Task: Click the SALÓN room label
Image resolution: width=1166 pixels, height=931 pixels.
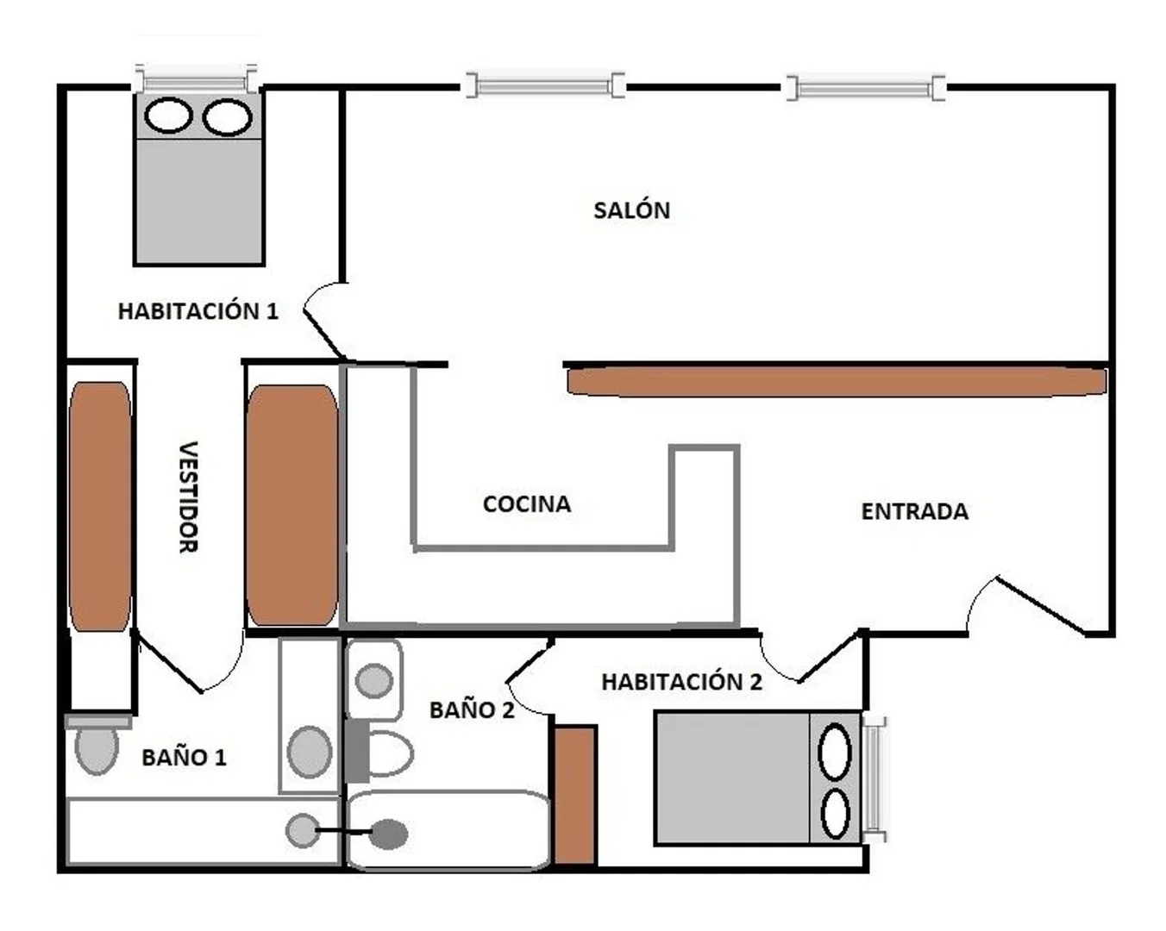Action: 631,210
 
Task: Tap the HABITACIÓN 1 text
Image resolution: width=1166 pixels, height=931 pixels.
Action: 197,311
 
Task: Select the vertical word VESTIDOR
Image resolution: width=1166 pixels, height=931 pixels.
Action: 188,497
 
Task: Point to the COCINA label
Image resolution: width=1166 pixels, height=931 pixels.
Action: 526,504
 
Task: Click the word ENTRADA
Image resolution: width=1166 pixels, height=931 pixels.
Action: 914,512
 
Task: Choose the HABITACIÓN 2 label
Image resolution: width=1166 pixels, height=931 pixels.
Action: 681,682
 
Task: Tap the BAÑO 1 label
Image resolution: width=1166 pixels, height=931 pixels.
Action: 184,758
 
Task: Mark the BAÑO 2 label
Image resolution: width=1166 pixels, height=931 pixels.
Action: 472,710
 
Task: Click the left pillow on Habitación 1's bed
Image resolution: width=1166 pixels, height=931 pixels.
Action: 168,116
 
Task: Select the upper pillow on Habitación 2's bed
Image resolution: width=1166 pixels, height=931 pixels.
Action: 834,753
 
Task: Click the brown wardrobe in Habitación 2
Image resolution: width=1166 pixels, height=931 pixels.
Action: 574,795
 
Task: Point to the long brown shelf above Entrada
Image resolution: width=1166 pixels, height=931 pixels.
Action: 836,382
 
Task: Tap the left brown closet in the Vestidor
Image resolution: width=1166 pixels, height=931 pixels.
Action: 100,506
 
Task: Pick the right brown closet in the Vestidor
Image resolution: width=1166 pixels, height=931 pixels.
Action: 291,505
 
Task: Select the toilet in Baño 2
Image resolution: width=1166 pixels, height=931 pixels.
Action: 384,753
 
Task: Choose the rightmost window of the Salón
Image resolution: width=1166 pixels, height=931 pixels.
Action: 865,88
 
